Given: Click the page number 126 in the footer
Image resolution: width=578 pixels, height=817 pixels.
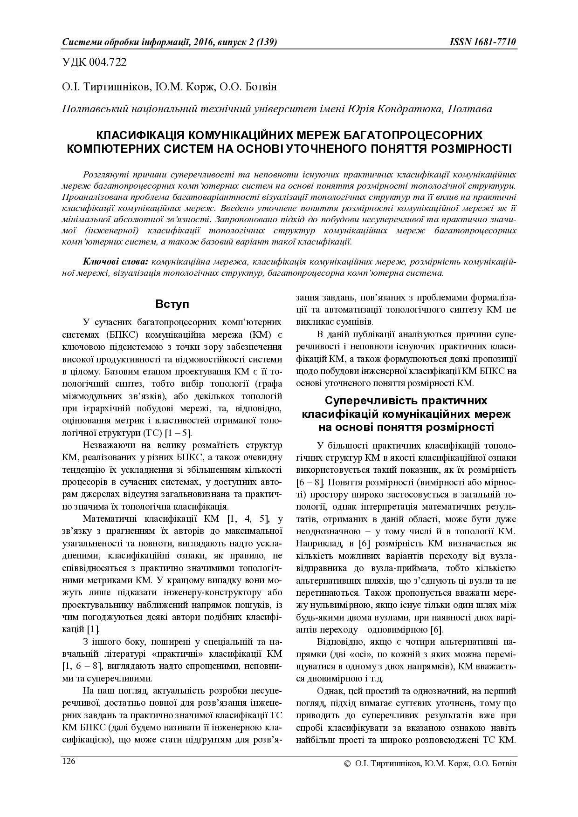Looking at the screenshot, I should coord(69,761).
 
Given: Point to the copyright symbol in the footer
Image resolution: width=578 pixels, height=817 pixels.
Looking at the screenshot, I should coord(347,764).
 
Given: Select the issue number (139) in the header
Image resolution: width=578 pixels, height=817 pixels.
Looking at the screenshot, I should coord(267,42).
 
